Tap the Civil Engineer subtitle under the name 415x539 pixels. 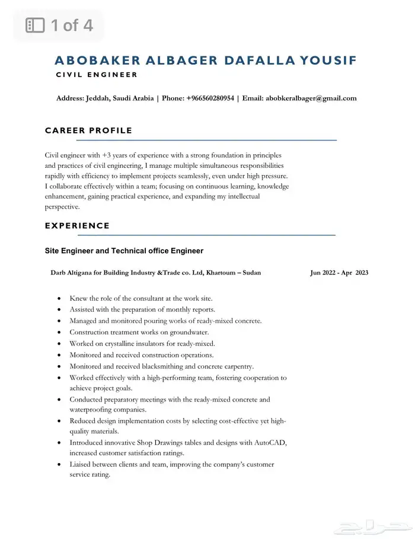click(97, 75)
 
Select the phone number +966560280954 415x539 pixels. click(210, 98)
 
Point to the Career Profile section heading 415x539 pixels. click(88, 130)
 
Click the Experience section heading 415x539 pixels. click(77, 225)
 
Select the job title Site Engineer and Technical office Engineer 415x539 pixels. click(124, 251)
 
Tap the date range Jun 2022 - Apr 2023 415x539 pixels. click(339, 273)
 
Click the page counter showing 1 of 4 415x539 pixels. click(71, 25)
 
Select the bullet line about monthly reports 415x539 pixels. click(142, 310)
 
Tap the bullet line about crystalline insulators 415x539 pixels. click(142, 343)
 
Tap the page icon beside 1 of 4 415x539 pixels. click(36, 25)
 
